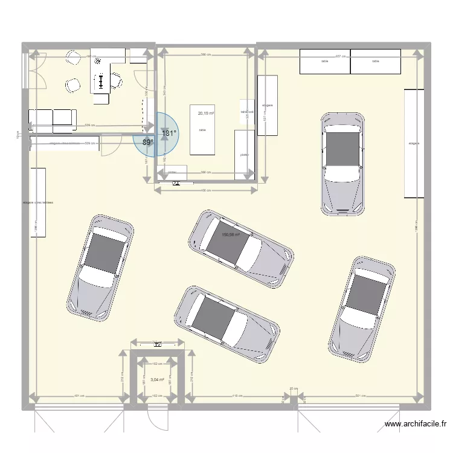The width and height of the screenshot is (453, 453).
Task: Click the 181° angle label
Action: point(169,133)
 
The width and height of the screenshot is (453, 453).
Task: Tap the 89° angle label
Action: point(148,143)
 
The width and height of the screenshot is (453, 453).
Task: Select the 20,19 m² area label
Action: point(206,112)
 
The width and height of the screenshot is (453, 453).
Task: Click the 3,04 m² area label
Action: point(157,380)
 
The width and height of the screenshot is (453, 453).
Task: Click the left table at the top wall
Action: point(325,62)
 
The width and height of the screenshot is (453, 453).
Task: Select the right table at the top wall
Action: point(376,62)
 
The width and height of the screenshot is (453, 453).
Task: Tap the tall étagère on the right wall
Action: point(414,143)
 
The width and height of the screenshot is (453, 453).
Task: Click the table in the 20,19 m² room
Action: point(202,130)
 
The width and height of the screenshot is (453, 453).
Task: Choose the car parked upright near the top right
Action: point(343,163)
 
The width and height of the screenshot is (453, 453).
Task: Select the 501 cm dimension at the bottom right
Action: point(361,396)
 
